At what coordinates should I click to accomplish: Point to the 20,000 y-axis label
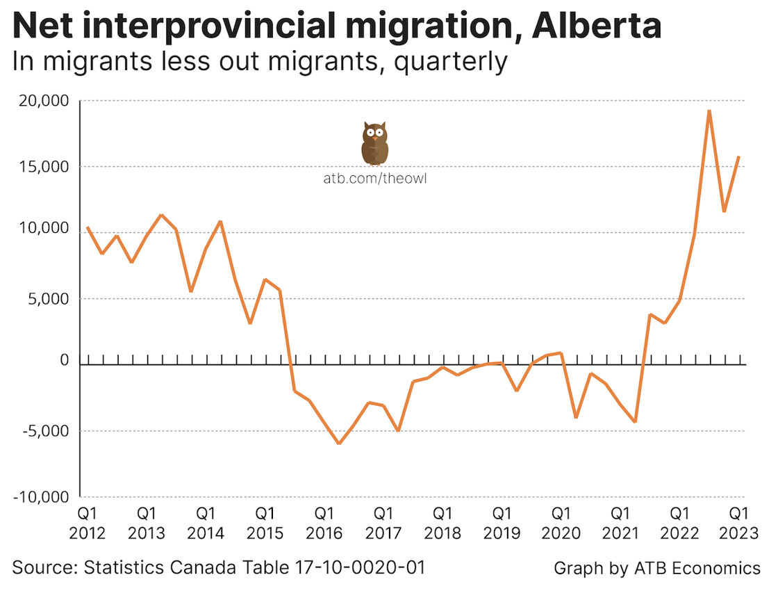point(44,101)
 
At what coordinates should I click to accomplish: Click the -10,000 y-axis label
point(41,497)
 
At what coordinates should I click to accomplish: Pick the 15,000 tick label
point(44,168)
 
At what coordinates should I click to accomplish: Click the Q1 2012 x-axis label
point(88,523)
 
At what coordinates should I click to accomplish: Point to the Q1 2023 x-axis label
point(737,523)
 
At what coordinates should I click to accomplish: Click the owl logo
point(374,143)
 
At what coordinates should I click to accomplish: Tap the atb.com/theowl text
point(374,179)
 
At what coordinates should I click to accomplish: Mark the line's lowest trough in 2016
point(338,444)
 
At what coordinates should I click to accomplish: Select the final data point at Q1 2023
point(738,156)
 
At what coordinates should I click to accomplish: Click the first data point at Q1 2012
point(87,227)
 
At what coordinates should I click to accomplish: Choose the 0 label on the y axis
point(65,361)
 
